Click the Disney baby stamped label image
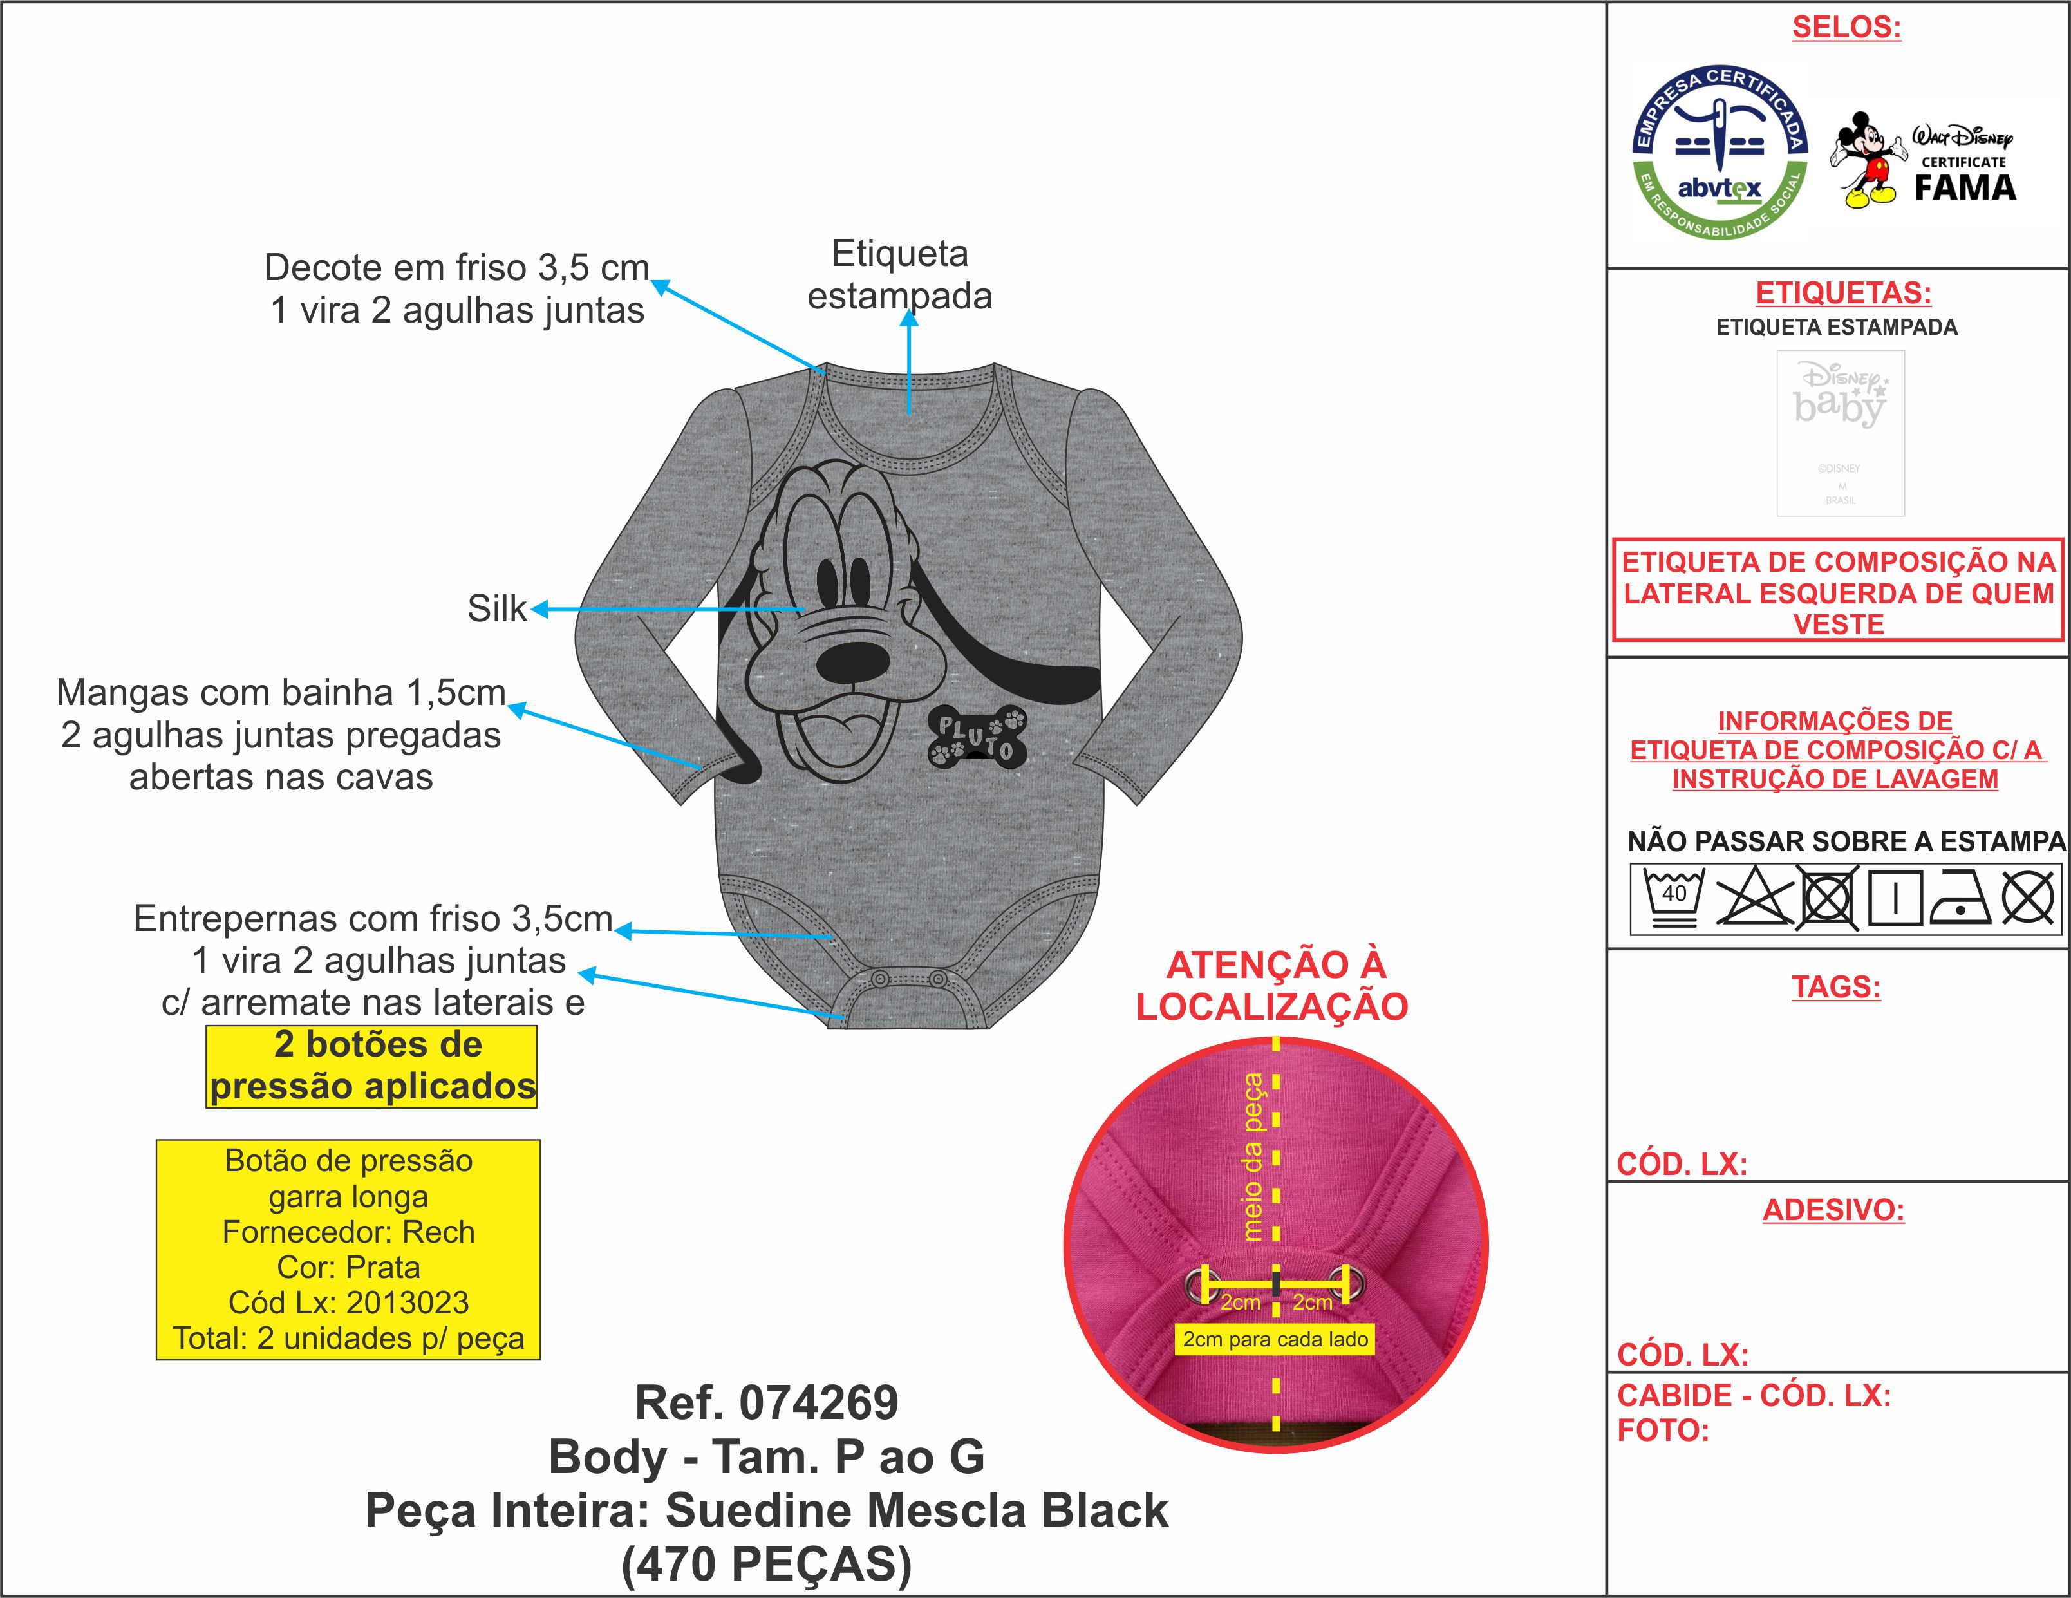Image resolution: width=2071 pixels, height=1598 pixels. pyautogui.click(x=1840, y=433)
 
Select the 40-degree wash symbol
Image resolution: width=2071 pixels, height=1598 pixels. pyautogui.click(x=1674, y=896)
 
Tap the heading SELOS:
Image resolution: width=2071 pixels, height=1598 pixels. pyautogui.click(x=1845, y=28)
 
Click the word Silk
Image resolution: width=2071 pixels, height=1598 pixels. pyautogui.click(x=496, y=608)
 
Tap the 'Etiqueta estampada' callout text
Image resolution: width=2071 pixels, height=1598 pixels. pyautogui.click(x=899, y=274)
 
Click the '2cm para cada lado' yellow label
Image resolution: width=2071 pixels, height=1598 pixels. pyautogui.click(x=1275, y=1339)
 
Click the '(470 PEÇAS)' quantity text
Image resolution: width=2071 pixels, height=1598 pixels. pyautogui.click(x=766, y=1564)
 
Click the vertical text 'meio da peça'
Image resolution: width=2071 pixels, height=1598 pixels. pyautogui.click(x=1253, y=1156)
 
